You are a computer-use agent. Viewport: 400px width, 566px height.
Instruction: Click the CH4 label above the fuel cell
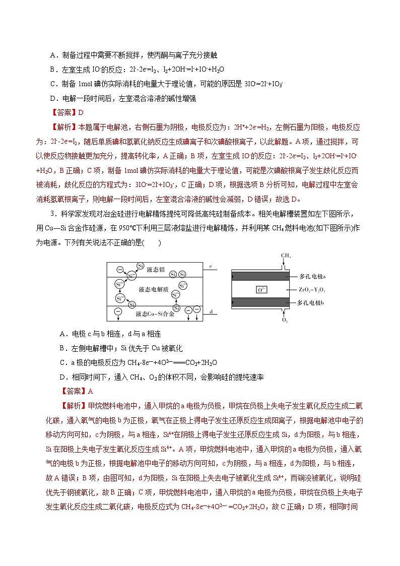pyautogui.click(x=286, y=256)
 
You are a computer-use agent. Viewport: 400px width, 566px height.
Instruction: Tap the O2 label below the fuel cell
pyautogui.click(x=285, y=320)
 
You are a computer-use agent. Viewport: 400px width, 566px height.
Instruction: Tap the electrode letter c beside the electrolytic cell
pyautogui.click(x=210, y=266)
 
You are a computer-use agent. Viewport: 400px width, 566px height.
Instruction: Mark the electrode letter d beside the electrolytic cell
pyautogui.click(x=210, y=312)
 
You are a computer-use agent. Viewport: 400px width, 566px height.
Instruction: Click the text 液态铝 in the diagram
pyautogui.click(x=156, y=270)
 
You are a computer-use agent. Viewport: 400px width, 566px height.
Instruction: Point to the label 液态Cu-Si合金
pyautogui.click(x=155, y=313)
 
